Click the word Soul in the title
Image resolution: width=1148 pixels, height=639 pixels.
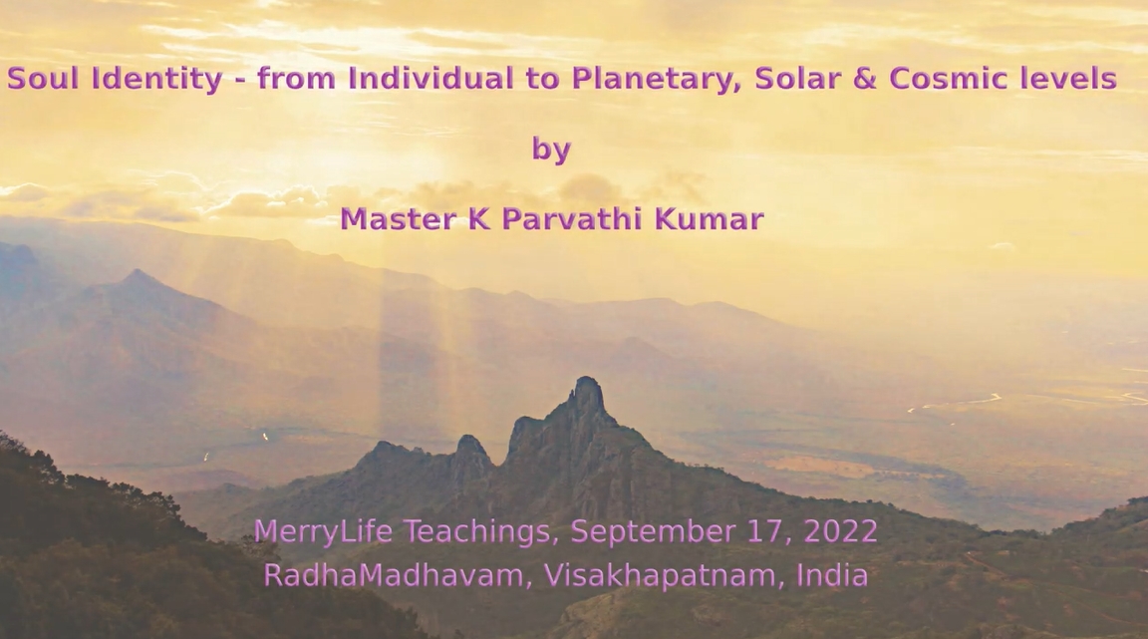click(x=43, y=79)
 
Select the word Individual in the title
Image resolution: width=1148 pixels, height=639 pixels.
click(x=430, y=79)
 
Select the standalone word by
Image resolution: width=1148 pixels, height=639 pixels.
click(x=551, y=151)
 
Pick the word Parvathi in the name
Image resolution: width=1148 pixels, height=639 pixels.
click(x=573, y=219)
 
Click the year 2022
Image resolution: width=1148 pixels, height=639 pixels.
click(x=840, y=531)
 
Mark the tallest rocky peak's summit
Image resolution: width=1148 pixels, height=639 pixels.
click(x=587, y=378)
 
